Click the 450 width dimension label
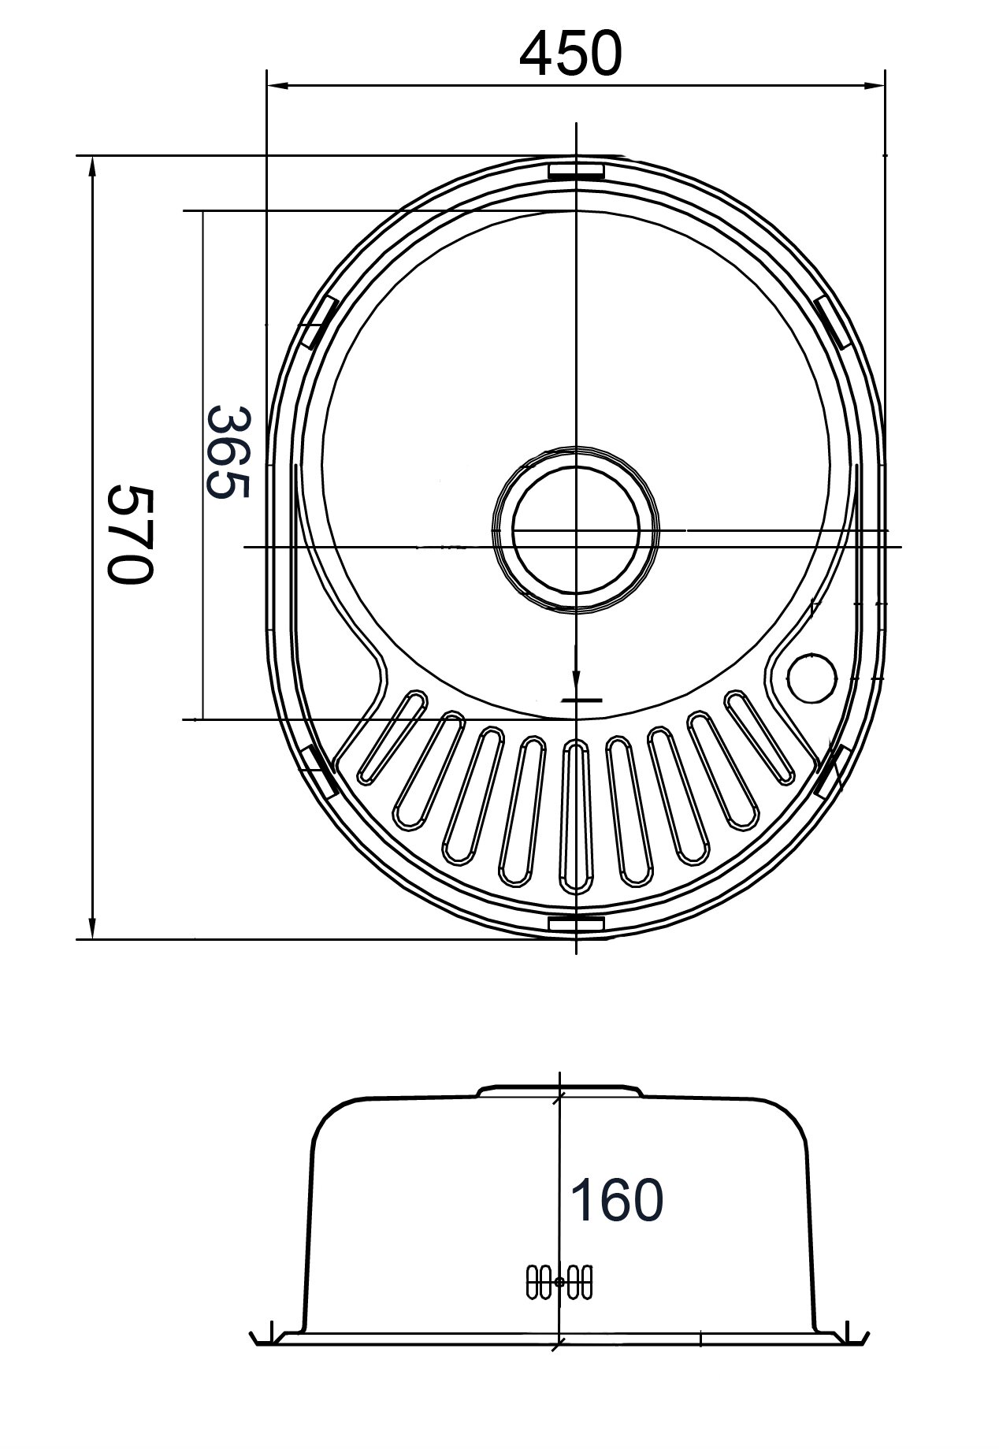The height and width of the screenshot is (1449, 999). tap(570, 54)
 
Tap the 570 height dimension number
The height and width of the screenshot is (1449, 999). tap(128, 535)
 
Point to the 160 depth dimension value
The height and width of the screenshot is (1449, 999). tap(617, 1200)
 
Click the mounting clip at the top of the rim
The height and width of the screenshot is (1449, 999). tap(576, 170)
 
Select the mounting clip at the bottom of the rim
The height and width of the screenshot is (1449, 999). tap(576, 923)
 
